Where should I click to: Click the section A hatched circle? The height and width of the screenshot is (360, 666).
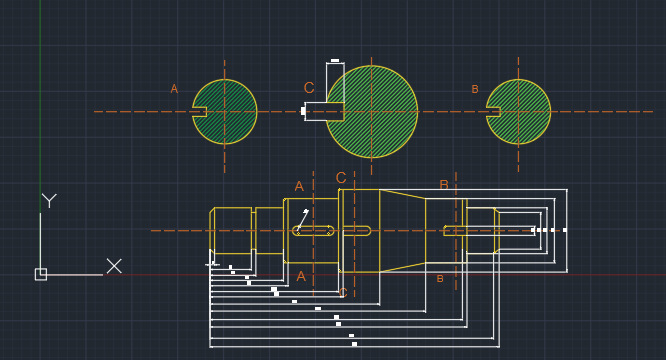click(x=227, y=112)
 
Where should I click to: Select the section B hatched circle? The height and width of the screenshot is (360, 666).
click(x=521, y=112)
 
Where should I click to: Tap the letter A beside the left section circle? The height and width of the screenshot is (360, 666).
click(x=174, y=89)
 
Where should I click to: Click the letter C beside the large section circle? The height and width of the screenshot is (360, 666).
click(x=309, y=88)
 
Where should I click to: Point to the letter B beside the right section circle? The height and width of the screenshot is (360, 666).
click(x=475, y=89)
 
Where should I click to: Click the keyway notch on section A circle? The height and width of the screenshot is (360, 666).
click(x=200, y=112)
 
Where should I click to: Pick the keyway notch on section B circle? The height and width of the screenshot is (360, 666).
click(x=493, y=112)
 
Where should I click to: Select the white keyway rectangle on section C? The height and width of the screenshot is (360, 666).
click(x=323, y=111)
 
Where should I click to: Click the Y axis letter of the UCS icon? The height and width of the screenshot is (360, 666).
click(x=48, y=201)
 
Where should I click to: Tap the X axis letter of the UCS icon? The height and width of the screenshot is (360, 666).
click(x=114, y=266)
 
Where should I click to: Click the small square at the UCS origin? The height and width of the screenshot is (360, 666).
click(x=41, y=274)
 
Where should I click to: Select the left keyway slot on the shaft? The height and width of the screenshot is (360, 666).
click(x=313, y=231)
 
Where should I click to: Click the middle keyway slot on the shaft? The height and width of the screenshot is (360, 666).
click(x=357, y=231)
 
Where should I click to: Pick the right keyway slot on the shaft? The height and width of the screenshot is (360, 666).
click(x=455, y=231)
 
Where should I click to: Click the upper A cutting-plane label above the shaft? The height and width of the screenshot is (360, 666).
click(x=299, y=186)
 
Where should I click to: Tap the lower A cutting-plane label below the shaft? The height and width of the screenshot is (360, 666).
click(x=301, y=276)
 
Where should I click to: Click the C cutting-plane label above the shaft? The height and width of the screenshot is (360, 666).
click(x=341, y=179)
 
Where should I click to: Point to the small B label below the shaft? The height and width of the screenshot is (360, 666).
click(x=440, y=278)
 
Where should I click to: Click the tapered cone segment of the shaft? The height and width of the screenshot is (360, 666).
click(x=403, y=231)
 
